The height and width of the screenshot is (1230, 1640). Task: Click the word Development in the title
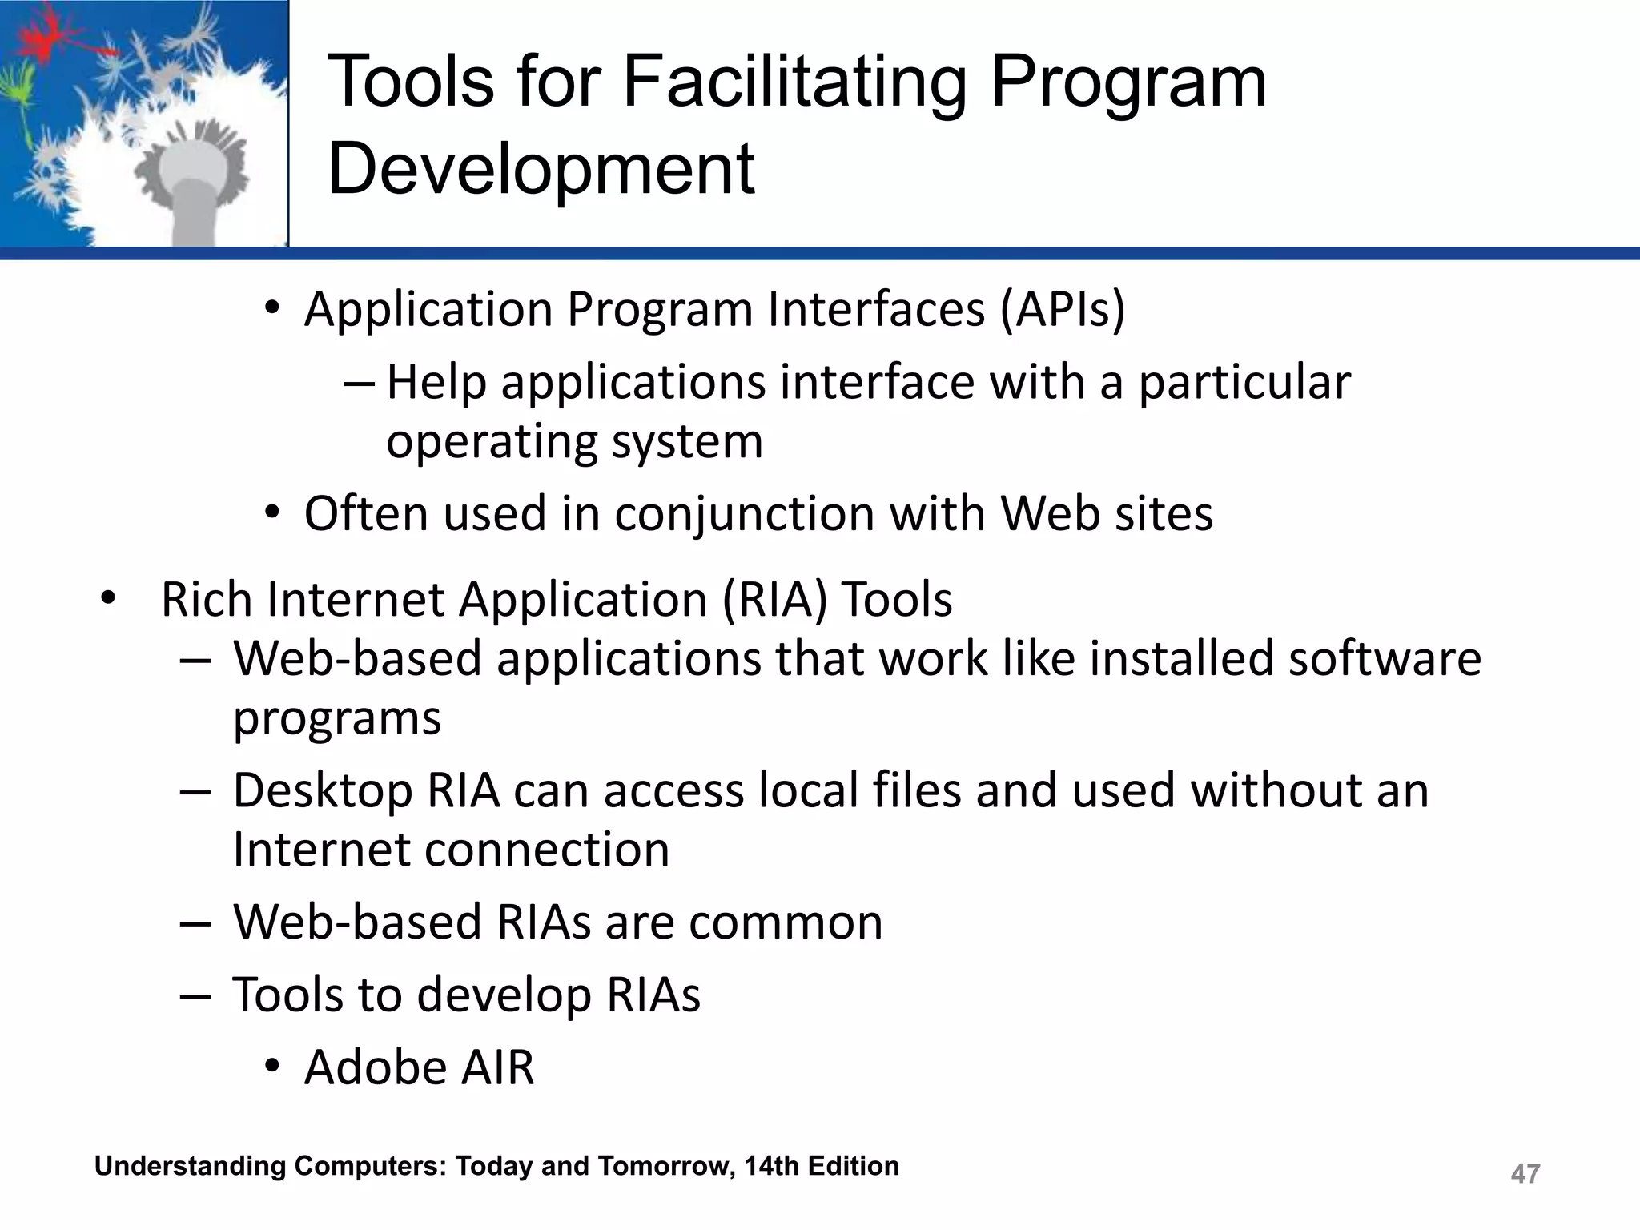click(x=541, y=169)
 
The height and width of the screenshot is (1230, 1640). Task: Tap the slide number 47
click(x=1525, y=1173)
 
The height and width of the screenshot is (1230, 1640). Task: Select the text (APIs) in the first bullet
click(x=1063, y=309)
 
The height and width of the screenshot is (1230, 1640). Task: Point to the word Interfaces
click(x=876, y=309)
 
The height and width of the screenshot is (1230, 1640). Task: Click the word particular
click(x=1244, y=382)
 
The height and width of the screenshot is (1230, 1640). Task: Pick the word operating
click(x=491, y=442)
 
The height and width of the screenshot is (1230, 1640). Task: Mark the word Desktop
click(x=323, y=790)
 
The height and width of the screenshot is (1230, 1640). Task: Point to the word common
click(x=786, y=922)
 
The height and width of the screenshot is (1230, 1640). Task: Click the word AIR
click(x=497, y=1067)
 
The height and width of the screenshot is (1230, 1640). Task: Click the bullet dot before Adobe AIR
click(x=273, y=1067)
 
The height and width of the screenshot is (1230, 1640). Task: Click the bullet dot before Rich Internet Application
click(x=108, y=599)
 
